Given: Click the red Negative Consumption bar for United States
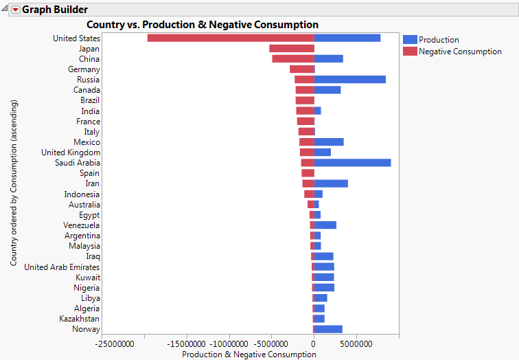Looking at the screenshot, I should [231, 38].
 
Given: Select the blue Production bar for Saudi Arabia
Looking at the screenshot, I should [352, 163].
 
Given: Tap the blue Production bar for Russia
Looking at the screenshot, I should [349, 80].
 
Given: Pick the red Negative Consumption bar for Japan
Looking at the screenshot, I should [291, 49].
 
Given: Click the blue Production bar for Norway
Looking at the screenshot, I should [328, 329].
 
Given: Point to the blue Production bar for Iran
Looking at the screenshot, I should [331, 183].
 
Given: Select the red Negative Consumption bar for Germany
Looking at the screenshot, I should [301, 69].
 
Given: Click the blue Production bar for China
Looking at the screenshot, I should [328, 59].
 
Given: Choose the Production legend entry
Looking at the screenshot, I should [439, 40].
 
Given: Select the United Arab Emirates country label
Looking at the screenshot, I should [62, 267].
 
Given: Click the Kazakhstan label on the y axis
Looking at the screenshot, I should [79, 319].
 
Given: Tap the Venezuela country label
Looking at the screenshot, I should [82, 225].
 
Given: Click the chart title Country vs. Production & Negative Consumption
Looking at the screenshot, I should [203, 25].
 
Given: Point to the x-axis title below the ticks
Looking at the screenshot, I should [249, 355].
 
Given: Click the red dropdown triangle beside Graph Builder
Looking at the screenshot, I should [15, 10].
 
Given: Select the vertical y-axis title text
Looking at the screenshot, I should [14, 183].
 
